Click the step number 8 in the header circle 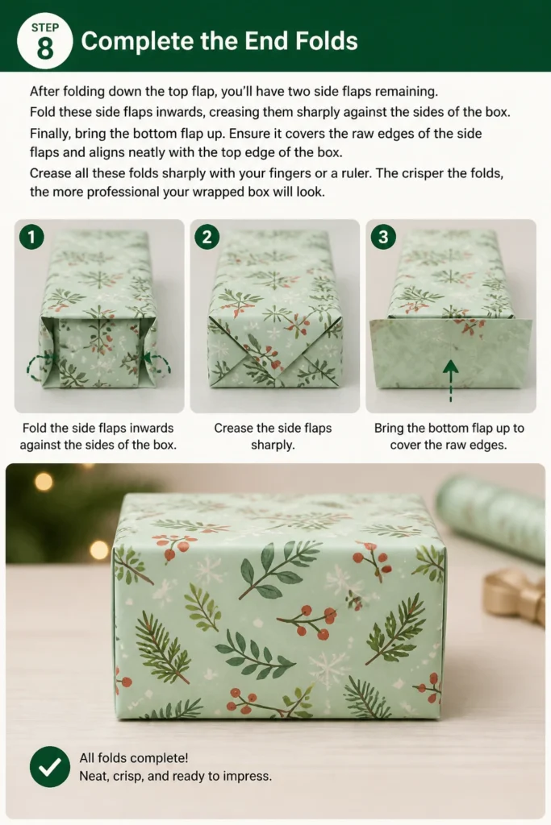45,49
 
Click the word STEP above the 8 45,27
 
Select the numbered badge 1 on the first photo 31,238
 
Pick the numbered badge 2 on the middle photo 207,238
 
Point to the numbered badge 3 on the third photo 383,238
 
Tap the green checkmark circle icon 50,767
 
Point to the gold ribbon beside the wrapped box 516,595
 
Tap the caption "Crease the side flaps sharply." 273,436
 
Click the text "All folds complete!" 134,758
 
